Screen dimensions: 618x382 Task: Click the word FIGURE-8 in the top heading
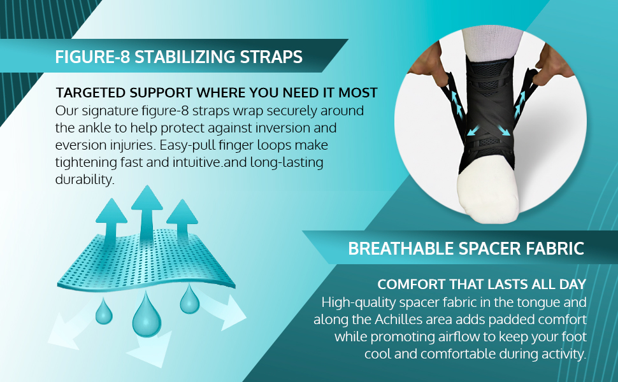(92, 57)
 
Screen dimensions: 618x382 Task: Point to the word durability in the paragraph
(85, 179)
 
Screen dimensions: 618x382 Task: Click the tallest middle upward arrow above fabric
(147, 216)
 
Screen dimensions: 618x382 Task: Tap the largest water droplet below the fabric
(147, 315)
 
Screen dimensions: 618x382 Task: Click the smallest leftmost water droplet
(104, 311)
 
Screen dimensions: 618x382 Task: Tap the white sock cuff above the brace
(492, 44)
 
